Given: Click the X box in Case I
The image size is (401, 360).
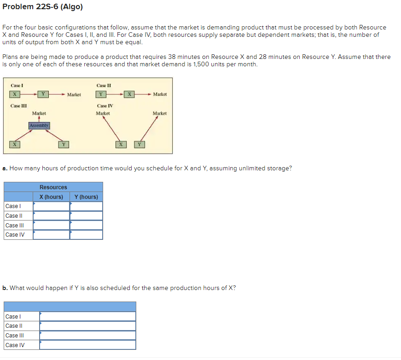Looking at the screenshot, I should click(x=15, y=94).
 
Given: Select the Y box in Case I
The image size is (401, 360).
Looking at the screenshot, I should click(x=43, y=94).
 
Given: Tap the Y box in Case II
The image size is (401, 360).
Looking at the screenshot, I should click(x=101, y=94).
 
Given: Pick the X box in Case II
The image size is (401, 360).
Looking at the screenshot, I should click(x=130, y=94).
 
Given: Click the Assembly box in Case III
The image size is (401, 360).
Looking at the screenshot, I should click(x=39, y=125).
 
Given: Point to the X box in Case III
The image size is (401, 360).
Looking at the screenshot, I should click(x=15, y=145).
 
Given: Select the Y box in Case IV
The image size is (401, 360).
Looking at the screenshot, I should click(x=139, y=145).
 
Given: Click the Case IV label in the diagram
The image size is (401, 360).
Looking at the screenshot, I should click(x=105, y=106).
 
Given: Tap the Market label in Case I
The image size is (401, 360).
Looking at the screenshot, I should click(x=74, y=95).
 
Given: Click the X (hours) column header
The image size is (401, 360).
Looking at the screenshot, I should click(x=51, y=197).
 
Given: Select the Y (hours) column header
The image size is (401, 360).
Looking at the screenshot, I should click(x=86, y=197).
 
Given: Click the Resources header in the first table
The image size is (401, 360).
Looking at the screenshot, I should click(x=53, y=187).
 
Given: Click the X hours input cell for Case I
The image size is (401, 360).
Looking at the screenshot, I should click(x=51, y=206).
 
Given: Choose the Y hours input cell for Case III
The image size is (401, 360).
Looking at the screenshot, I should click(x=86, y=225).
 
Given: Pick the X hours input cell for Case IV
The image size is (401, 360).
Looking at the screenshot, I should click(x=51, y=235).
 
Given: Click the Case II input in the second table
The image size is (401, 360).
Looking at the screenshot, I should click(x=87, y=326).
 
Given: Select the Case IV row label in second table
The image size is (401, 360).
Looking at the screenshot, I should click(x=15, y=345).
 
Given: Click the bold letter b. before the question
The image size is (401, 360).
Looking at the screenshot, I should click(x=5, y=288).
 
